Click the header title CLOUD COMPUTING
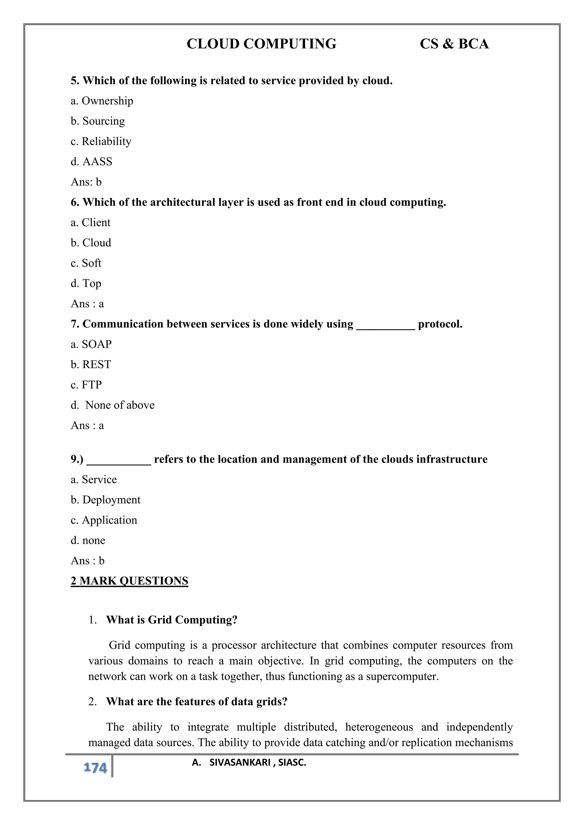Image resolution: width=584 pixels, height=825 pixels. (x=261, y=44)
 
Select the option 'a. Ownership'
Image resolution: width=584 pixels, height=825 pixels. (x=102, y=101)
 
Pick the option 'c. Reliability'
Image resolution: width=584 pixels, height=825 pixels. (x=101, y=142)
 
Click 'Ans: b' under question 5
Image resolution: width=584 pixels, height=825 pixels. (x=86, y=182)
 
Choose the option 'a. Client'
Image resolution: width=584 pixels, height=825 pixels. (x=91, y=223)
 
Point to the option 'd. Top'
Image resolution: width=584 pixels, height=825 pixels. (x=86, y=283)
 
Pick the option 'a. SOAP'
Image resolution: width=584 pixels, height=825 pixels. (x=91, y=345)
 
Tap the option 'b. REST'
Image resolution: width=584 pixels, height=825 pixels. (x=91, y=365)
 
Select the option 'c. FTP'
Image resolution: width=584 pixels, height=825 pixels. (x=86, y=385)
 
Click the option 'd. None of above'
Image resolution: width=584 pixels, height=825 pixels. (x=113, y=405)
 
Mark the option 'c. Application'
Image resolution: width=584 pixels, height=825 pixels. (x=104, y=520)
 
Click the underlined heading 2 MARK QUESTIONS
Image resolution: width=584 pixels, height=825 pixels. (x=129, y=581)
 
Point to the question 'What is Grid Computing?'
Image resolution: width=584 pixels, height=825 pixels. (x=172, y=620)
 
